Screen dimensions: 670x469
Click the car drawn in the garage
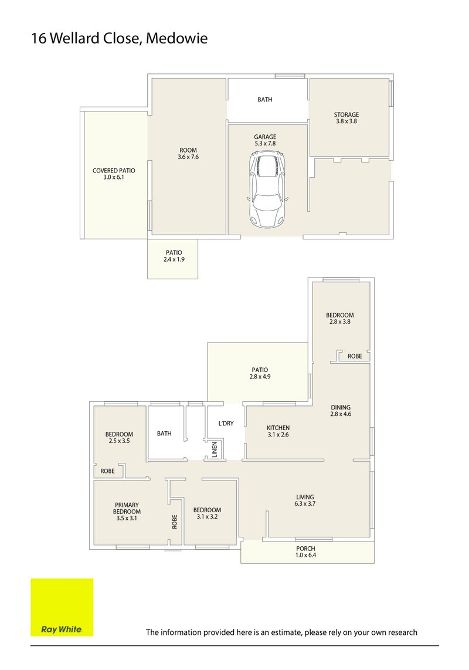(x=267, y=189)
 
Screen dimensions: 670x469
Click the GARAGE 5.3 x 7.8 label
(x=265, y=141)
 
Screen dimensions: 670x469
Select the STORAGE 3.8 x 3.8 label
(x=346, y=118)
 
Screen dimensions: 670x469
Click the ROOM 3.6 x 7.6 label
(x=188, y=154)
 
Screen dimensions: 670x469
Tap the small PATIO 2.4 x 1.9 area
(x=174, y=256)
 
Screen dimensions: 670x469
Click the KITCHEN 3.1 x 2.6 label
(x=278, y=431)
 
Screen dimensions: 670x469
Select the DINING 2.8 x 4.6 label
(x=340, y=410)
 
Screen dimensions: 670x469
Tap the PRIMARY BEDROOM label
(x=127, y=511)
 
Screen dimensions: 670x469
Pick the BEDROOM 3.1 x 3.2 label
(x=208, y=513)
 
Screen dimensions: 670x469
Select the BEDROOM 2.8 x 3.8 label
(x=340, y=319)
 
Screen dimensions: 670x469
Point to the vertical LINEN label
(x=215, y=450)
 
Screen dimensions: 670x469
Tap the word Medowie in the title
(x=176, y=39)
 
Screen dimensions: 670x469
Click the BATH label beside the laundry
(x=164, y=434)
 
